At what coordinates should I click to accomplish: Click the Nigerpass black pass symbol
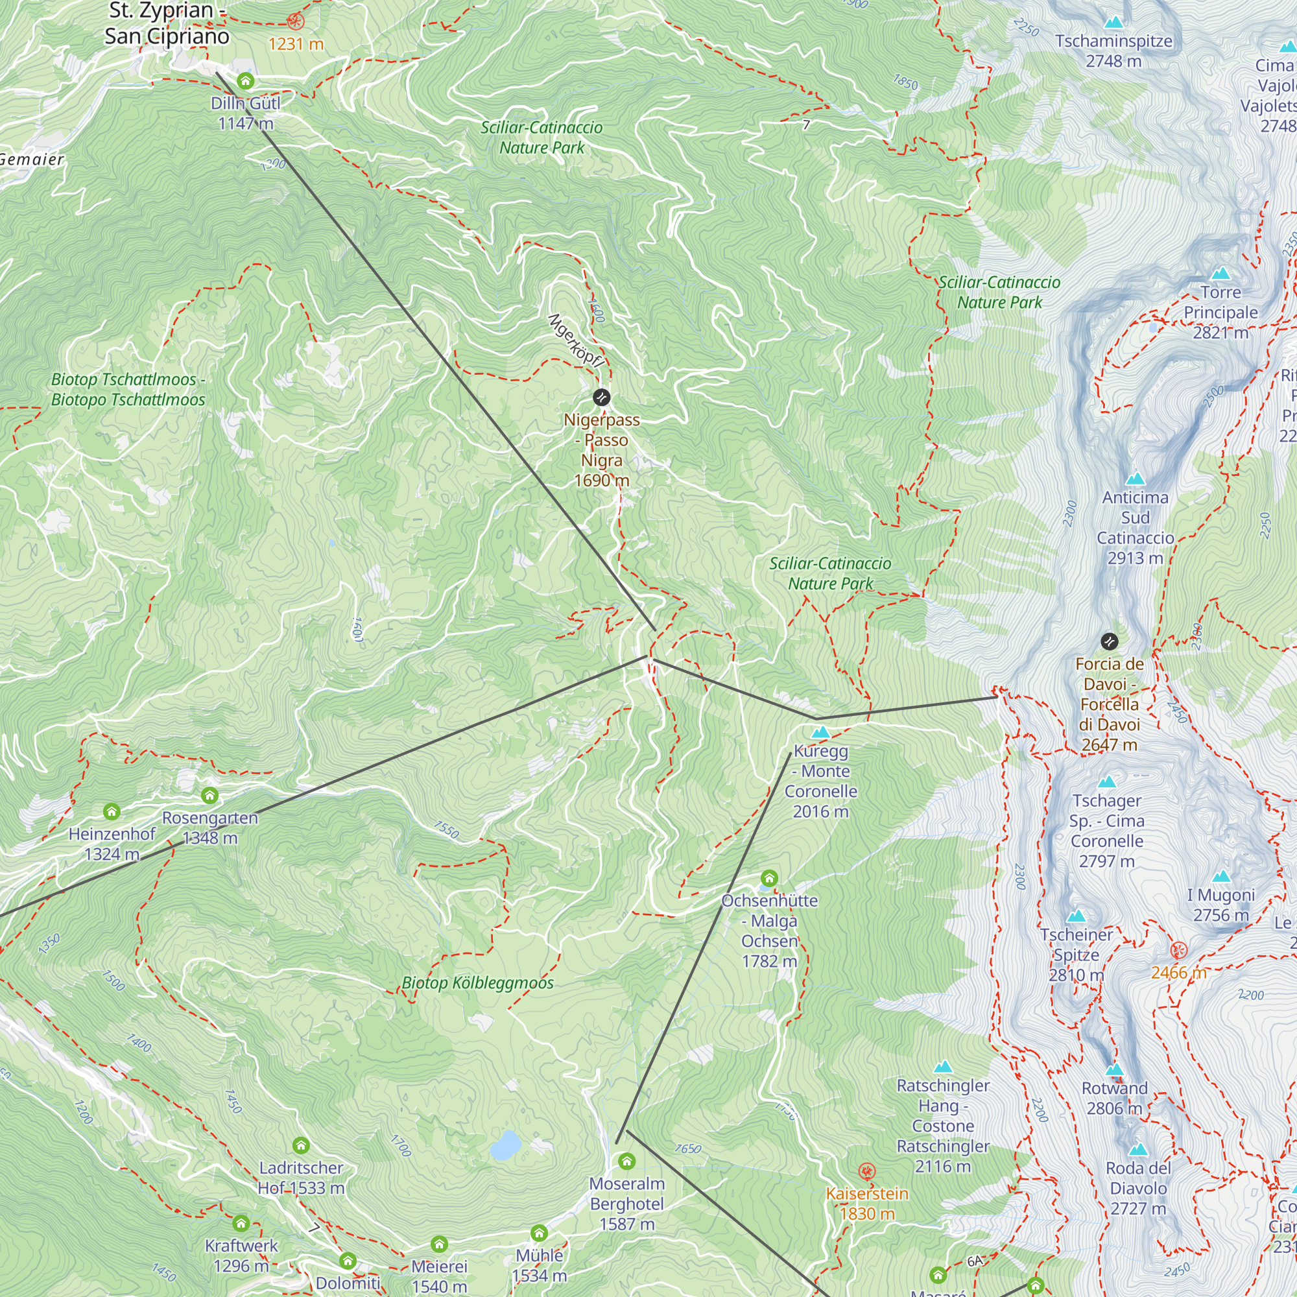(602, 398)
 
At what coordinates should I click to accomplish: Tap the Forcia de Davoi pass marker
(1109, 641)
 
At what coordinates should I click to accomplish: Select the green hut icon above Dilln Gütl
(246, 81)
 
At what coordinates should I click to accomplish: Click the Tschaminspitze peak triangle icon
(1113, 22)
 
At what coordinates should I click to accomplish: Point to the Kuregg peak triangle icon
(820, 732)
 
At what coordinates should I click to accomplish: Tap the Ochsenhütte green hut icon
(769, 878)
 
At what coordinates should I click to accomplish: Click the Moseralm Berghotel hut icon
(626, 1161)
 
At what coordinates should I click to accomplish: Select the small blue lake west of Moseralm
(506, 1145)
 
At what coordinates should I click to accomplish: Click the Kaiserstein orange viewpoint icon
(866, 1172)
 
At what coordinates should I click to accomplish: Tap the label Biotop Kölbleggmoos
(477, 984)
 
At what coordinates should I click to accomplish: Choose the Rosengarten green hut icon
(209, 796)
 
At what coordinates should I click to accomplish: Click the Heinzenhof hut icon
(112, 813)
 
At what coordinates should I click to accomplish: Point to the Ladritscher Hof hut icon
(301, 1145)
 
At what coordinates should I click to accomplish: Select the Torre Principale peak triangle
(1220, 274)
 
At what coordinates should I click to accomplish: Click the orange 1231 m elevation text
(296, 44)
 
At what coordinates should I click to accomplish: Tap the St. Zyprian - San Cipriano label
(167, 24)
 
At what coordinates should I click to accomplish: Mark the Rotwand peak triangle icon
(1114, 1069)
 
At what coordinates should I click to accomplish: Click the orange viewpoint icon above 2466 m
(1179, 951)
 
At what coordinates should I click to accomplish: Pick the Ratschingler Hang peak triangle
(943, 1067)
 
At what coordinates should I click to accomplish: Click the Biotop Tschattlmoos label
(128, 389)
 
